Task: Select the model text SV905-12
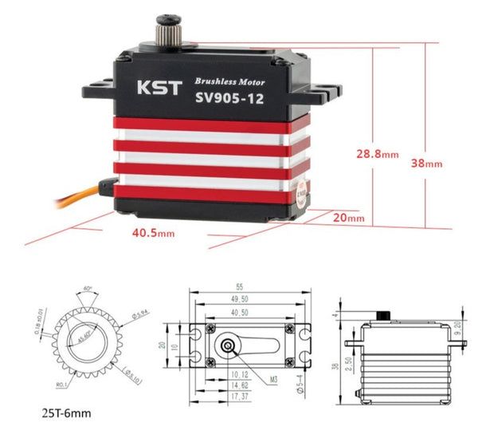coord(231,100)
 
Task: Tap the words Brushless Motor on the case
coord(231,82)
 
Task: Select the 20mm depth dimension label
coord(348,217)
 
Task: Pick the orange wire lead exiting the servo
coord(72,200)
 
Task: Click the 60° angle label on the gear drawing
coord(86,286)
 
